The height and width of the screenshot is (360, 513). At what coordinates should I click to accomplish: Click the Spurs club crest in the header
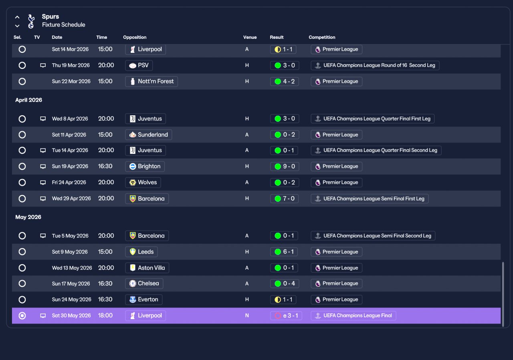(31, 21)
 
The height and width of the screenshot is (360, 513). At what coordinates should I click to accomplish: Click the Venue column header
(250, 37)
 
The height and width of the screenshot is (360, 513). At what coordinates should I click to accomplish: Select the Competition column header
(322, 37)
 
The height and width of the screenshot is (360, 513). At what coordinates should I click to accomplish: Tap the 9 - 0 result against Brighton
(285, 166)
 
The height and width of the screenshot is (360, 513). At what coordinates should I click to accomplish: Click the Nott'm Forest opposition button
(151, 81)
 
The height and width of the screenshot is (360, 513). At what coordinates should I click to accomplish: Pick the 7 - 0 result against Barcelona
(285, 199)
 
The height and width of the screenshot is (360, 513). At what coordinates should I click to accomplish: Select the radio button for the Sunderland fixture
(22, 135)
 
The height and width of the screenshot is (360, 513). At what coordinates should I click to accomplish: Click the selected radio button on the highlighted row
(22, 316)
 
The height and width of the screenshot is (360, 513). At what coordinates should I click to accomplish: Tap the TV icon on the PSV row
(43, 65)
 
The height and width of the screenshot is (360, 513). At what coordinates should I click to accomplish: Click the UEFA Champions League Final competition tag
(353, 316)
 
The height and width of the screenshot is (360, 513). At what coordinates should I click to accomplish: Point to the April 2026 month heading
(28, 100)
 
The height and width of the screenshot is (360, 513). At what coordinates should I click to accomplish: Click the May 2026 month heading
(28, 217)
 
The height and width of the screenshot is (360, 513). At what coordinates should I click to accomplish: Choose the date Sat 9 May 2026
(70, 252)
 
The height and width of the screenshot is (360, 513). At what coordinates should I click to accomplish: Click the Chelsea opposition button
(144, 284)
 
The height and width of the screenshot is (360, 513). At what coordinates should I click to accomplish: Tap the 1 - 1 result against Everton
(283, 300)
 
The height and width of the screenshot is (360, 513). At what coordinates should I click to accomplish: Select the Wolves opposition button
(143, 183)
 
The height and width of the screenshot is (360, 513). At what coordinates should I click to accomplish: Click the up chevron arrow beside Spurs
(17, 17)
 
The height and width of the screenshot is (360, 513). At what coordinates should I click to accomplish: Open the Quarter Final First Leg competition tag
(373, 119)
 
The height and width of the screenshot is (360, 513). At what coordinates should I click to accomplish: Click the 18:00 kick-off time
(105, 316)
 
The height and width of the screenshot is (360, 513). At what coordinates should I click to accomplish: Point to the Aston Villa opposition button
(147, 268)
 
